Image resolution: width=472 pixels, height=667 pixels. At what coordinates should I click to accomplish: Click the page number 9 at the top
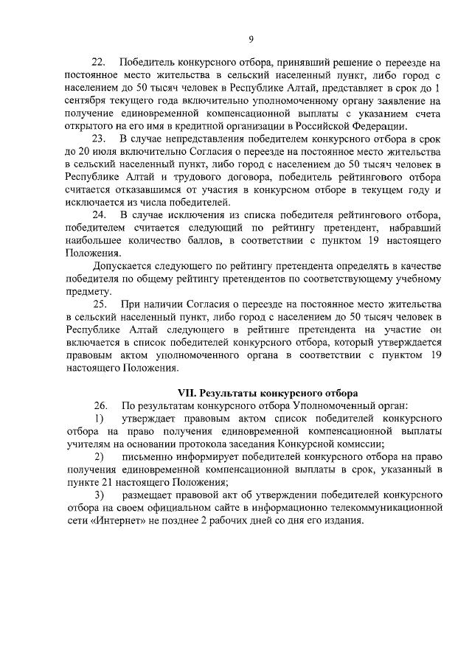250,39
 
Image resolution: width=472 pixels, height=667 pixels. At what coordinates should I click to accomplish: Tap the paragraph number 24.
99,214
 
